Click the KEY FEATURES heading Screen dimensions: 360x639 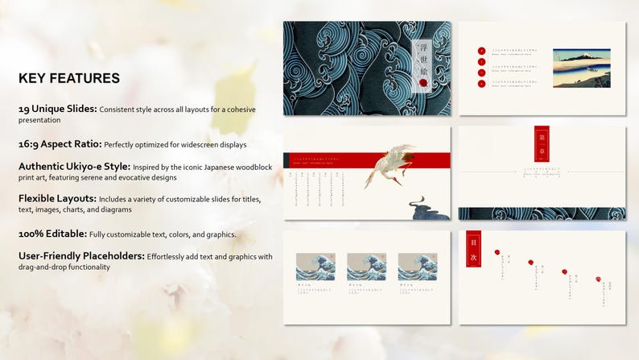(69, 78)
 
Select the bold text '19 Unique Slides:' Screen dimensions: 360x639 (58, 108)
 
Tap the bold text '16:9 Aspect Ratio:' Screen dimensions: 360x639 (60, 144)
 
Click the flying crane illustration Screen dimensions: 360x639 (390, 164)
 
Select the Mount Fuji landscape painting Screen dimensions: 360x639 (581, 67)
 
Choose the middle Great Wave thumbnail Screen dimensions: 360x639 (366, 267)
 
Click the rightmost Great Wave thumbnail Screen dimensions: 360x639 (417, 267)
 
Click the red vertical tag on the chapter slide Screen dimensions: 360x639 (542, 143)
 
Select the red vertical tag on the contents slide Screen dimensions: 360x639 (473, 248)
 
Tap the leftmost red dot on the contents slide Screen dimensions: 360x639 (497, 252)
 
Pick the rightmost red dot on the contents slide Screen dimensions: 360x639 (598, 279)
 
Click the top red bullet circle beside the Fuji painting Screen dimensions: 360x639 (481, 50)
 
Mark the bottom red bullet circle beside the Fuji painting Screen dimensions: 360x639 (481, 84)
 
